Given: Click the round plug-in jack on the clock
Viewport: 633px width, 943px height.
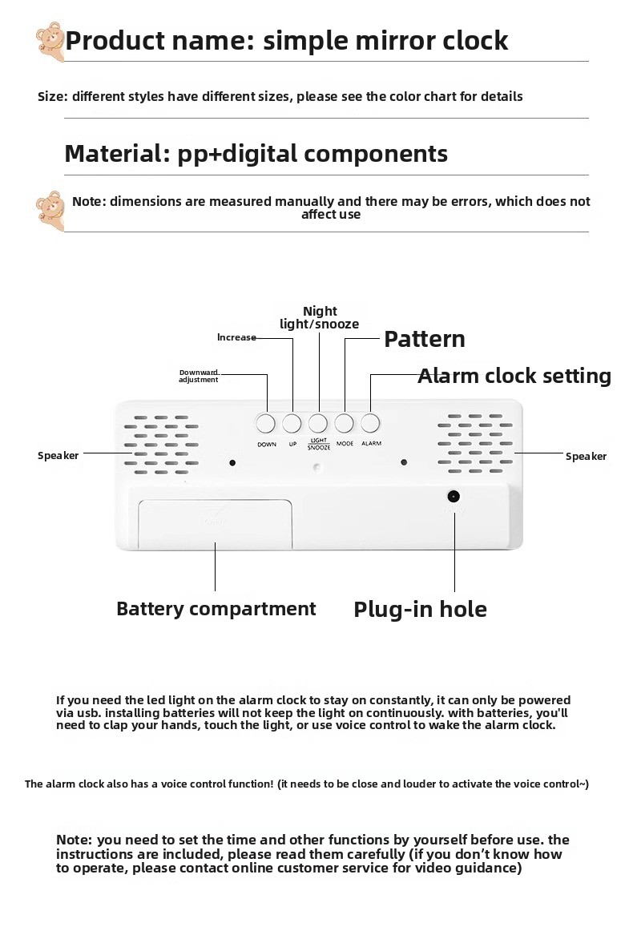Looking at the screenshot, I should (x=454, y=496).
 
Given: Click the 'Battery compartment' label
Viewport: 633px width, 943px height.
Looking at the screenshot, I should (x=216, y=609).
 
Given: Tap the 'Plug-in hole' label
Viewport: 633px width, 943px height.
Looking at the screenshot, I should (x=420, y=610).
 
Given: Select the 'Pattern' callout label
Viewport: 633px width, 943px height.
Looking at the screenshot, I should (x=424, y=339).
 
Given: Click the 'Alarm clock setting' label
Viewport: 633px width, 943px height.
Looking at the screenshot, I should (x=514, y=376).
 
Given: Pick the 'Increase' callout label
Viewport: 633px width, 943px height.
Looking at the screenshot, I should (x=236, y=337).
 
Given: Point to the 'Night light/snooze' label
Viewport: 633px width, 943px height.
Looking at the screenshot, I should (x=320, y=317).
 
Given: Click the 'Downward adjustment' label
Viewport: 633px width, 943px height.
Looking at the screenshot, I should (x=199, y=376).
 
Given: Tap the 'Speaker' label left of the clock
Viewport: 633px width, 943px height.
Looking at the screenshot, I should (x=58, y=456).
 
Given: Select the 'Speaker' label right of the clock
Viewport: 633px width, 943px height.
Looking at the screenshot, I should (x=586, y=457).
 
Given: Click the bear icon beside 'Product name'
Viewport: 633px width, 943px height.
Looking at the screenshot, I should (x=50, y=42).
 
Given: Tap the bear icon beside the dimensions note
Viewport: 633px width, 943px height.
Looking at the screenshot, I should (x=50, y=210).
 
